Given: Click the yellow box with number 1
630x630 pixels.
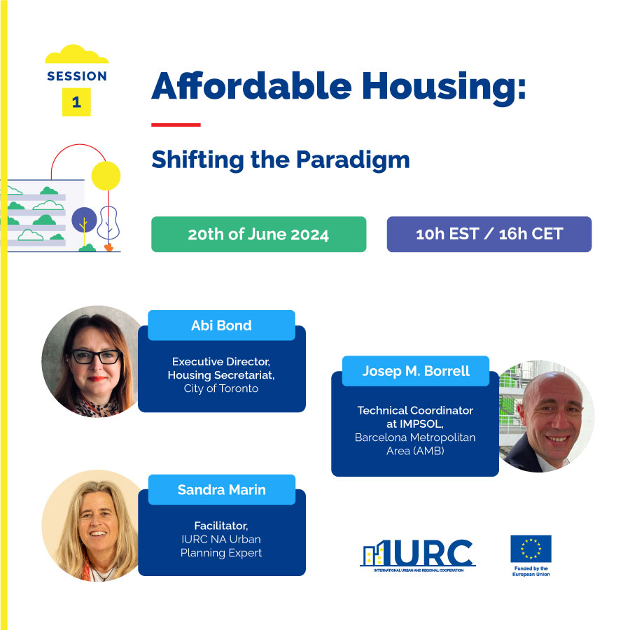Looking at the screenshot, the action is point(76,102).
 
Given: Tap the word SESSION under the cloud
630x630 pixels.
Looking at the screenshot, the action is point(77,76).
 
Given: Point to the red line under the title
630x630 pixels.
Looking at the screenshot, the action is point(176,125).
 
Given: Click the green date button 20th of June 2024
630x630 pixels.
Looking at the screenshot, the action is point(259,234).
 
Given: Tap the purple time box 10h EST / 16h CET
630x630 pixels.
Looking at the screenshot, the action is point(489,234).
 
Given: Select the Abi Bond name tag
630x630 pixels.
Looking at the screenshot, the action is point(221,325).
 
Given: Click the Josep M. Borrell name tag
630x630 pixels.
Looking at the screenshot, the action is point(416,371).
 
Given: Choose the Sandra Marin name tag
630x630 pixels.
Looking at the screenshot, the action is point(222,490).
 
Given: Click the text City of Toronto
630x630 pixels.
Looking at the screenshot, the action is point(221,388).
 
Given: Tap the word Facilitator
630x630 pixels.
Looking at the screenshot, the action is point(221,526).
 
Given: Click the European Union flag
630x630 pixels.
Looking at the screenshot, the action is point(531,549).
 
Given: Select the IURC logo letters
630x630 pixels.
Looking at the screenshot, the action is point(418,553).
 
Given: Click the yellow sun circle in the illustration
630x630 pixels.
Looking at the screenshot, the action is point(106,176).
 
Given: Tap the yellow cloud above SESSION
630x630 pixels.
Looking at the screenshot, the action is point(76,54).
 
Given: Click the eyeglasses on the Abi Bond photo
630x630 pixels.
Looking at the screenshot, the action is point(97,357).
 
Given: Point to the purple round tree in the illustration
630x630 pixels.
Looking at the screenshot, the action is point(84,220).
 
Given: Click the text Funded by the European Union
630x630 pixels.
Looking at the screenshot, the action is point(531,571).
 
